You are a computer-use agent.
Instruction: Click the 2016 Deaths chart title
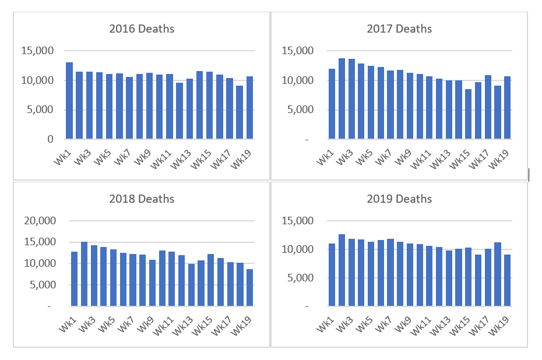142,29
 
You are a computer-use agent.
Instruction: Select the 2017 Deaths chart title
399,29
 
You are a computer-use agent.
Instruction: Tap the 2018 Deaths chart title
142,199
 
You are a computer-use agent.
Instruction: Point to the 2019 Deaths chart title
399,199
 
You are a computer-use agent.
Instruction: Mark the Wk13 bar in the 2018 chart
191,285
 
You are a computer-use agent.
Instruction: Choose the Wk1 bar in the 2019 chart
332,274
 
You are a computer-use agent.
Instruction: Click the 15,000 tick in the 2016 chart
38,51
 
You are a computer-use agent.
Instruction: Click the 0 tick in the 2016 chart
51,139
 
